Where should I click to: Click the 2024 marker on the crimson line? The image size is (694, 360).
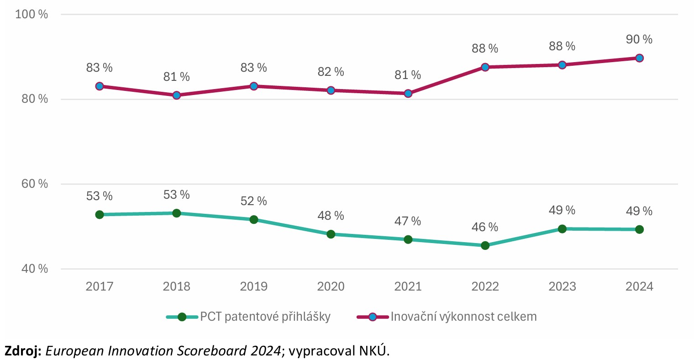pos(639,58)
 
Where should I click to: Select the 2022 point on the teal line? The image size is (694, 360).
pos(485,245)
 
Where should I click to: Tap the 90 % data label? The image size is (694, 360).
pos(639,40)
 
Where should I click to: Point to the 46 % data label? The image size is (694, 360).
pos(485,227)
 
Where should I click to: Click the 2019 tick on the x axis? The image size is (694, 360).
pos(254,286)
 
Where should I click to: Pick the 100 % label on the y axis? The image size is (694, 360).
pos(32,14)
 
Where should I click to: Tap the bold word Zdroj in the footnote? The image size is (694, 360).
pos(23,350)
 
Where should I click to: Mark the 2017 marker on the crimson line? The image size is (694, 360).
pos(100,86)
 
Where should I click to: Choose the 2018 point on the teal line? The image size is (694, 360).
pos(177,213)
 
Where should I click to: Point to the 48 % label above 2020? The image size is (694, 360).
pos(331,216)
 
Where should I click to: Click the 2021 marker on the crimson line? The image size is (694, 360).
pos(408,93)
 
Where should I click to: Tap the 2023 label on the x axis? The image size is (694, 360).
pos(562,286)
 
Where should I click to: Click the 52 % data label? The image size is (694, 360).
pos(254,201)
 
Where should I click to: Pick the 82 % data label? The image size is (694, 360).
pos(331,72)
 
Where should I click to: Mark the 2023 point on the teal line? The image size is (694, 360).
pos(562,228)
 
